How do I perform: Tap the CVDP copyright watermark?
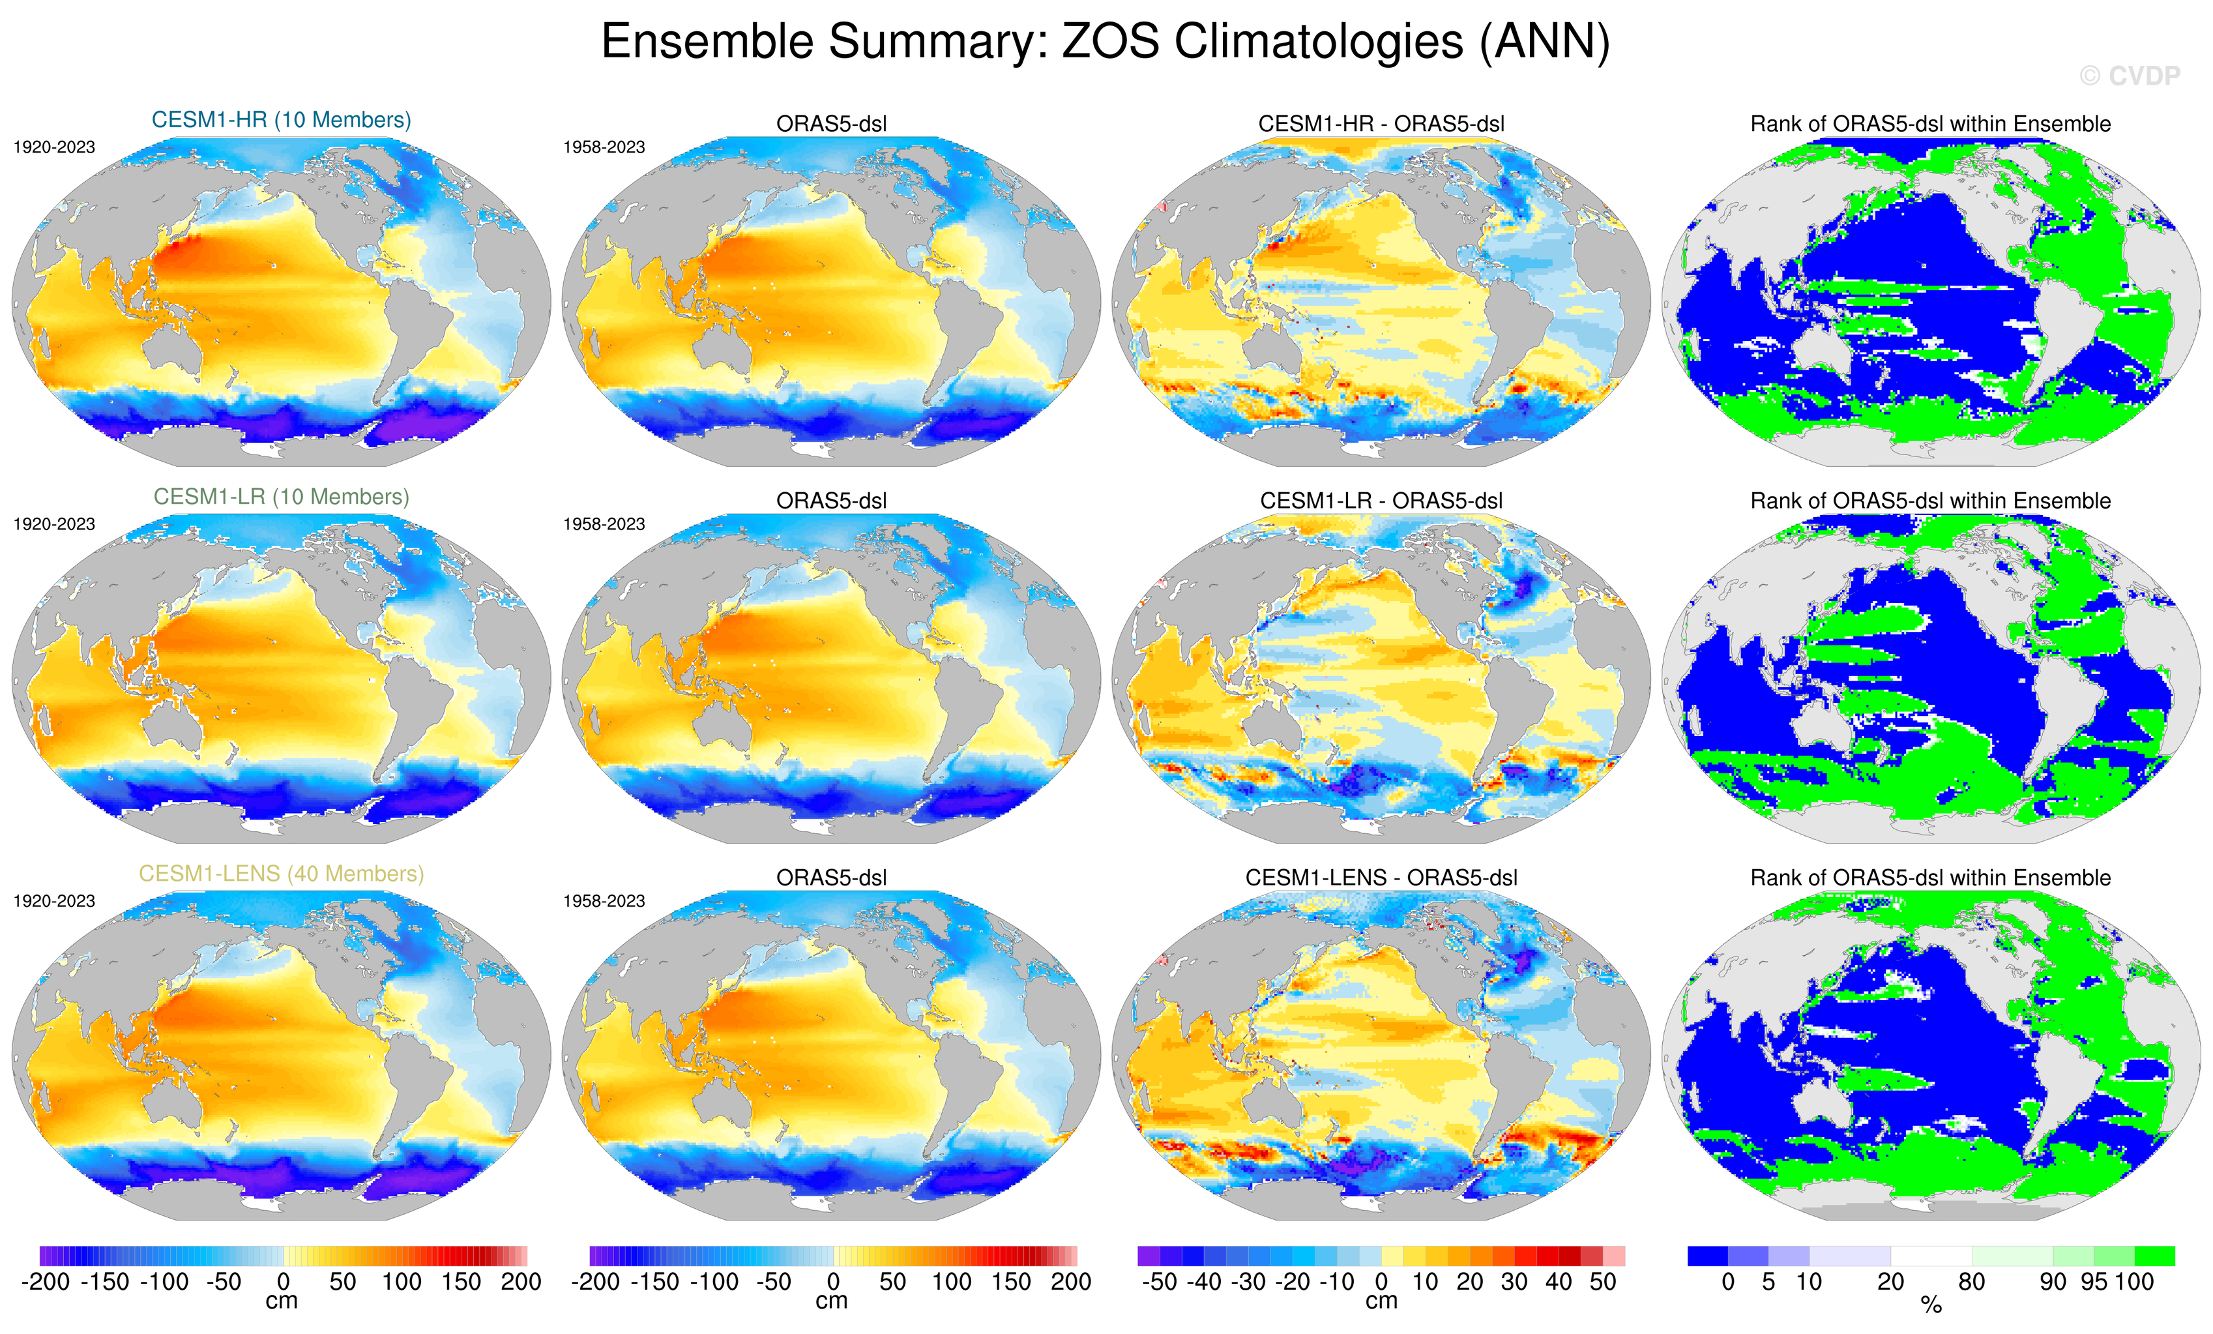[x=2130, y=76]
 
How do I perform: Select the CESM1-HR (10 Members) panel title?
[x=281, y=119]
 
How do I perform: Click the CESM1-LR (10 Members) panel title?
[x=281, y=497]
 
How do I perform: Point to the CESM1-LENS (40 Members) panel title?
[x=281, y=873]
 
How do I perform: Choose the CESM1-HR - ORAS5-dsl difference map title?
[x=1381, y=124]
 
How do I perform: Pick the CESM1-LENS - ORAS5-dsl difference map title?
[x=1381, y=878]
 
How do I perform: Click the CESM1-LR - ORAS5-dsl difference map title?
[x=1381, y=500]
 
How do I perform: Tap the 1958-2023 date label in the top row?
[x=604, y=147]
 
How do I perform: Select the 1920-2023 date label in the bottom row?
[x=54, y=901]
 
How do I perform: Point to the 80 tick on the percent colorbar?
[x=1971, y=1282]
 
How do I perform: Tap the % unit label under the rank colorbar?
[x=1931, y=1305]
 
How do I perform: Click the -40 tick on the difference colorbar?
[x=1203, y=1282]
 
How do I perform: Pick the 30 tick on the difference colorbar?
[x=1514, y=1282]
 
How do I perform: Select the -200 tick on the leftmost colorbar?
[x=45, y=1282]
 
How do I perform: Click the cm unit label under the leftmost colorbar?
[x=281, y=1301]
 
